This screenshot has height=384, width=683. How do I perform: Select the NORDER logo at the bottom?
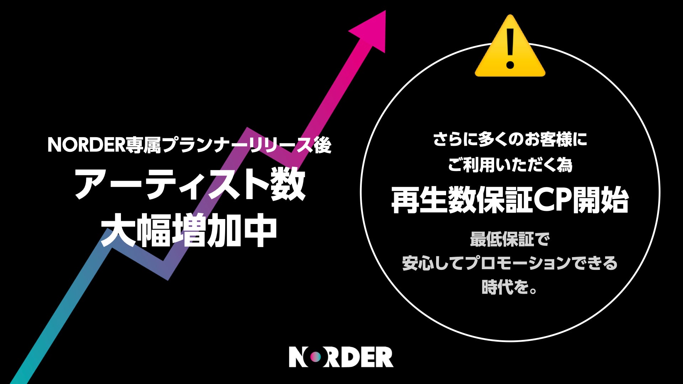(x=341, y=357)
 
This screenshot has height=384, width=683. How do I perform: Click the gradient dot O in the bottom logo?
(x=314, y=357)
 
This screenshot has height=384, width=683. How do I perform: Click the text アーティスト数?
(x=190, y=184)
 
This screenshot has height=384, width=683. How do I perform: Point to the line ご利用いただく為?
(x=510, y=165)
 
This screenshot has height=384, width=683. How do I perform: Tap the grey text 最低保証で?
(x=510, y=239)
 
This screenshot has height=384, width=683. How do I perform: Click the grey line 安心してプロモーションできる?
(x=510, y=263)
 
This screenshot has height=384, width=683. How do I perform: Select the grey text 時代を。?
(x=510, y=287)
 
